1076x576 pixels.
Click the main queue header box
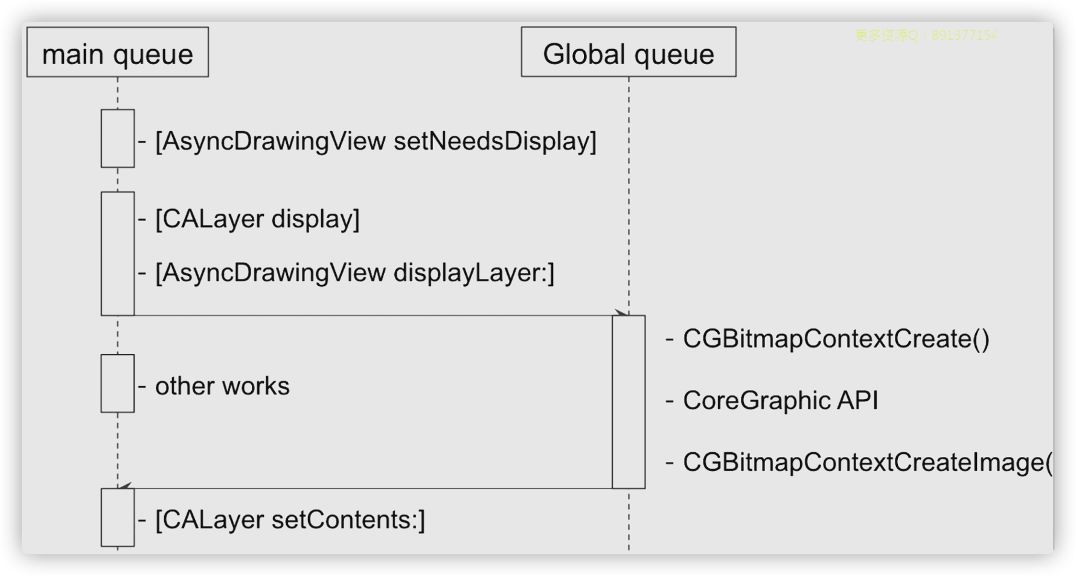(118, 52)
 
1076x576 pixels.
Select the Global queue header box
(628, 52)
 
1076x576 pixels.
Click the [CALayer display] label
(256, 219)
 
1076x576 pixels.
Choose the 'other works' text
(222, 386)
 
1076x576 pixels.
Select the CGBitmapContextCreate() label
(835, 339)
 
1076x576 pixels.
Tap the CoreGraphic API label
(780, 401)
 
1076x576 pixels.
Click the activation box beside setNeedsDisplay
(118, 138)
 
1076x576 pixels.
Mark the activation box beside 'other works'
(118, 383)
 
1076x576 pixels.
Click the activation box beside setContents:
(118, 517)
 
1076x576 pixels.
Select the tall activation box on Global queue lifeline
(629, 402)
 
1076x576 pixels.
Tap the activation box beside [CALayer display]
(118, 254)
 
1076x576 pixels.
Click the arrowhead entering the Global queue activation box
(621, 313)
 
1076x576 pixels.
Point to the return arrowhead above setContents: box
(125, 486)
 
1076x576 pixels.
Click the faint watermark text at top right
(926, 36)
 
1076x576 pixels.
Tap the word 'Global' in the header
(584, 54)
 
